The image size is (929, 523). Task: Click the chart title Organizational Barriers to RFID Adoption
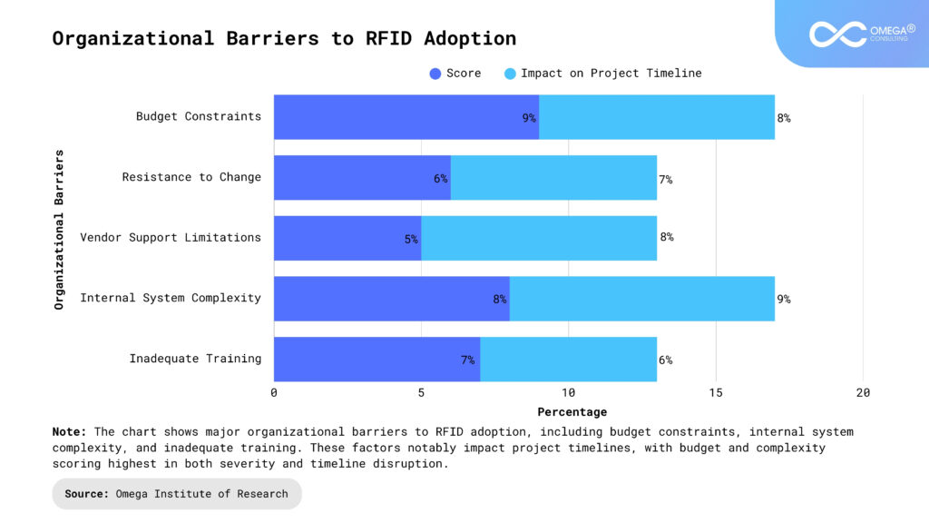(284, 38)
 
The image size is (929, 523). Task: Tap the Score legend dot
(435, 74)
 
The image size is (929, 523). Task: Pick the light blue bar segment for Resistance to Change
(553, 178)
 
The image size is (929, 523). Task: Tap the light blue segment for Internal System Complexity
(642, 299)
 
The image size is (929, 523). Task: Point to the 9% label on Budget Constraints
(529, 118)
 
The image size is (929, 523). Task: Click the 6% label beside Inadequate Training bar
(665, 360)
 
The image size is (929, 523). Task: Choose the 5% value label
(411, 239)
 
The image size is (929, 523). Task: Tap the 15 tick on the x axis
(716, 392)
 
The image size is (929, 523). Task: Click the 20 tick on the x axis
(863, 392)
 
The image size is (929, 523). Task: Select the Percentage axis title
(568, 412)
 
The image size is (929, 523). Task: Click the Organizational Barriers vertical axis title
(60, 230)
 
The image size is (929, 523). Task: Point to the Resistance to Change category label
(191, 177)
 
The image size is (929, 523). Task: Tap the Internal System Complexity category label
(171, 298)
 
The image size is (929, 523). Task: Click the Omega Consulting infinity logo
(837, 35)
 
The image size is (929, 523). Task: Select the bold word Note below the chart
(69, 431)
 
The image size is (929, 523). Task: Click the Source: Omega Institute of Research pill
(176, 494)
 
